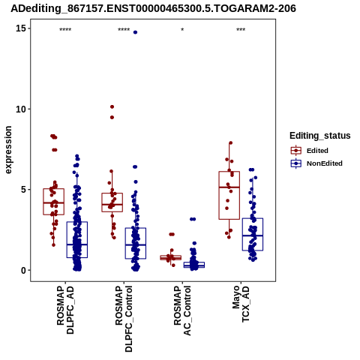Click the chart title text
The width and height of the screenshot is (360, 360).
pyautogui.click(x=153, y=8)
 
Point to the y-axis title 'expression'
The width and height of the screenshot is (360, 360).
pyautogui.click(x=8, y=150)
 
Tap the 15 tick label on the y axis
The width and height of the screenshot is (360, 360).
pyautogui.click(x=21, y=28)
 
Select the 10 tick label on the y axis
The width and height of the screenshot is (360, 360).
pyautogui.click(x=21, y=109)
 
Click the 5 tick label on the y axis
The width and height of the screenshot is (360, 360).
pyautogui.click(x=24, y=190)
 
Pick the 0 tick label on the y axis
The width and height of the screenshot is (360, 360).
pyautogui.click(x=24, y=270)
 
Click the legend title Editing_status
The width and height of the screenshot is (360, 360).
pyautogui.click(x=320, y=136)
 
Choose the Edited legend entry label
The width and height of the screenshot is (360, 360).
pyautogui.click(x=317, y=151)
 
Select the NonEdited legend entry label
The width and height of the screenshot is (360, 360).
pyautogui.click(x=325, y=163)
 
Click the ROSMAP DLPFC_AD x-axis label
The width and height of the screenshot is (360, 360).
pyautogui.click(x=65, y=310)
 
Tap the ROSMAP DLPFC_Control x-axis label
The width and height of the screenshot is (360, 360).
pyautogui.click(x=124, y=319)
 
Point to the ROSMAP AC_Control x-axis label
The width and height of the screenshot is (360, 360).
pyautogui.click(x=182, y=310)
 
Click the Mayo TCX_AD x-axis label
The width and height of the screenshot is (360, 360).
pyautogui.click(x=241, y=304)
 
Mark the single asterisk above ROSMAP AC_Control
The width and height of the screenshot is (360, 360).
pyautogui.click(x=182, y=30)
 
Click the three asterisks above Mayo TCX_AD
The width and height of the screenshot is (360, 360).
pyautogui.click(x=241, y=30)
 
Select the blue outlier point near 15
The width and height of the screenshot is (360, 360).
pyautogui.click(x=135, y=32)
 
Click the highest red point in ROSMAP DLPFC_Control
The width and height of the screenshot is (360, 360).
pyautogui.click(x=112, y=106)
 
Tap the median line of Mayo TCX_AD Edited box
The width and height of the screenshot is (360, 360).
pyautogui.click(x=229, y=187)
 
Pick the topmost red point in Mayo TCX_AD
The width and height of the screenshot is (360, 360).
pyautogui.click(x=231, y=143)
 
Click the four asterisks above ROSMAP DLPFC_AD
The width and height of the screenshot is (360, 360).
pyautogui.click(x=65, y=30)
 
